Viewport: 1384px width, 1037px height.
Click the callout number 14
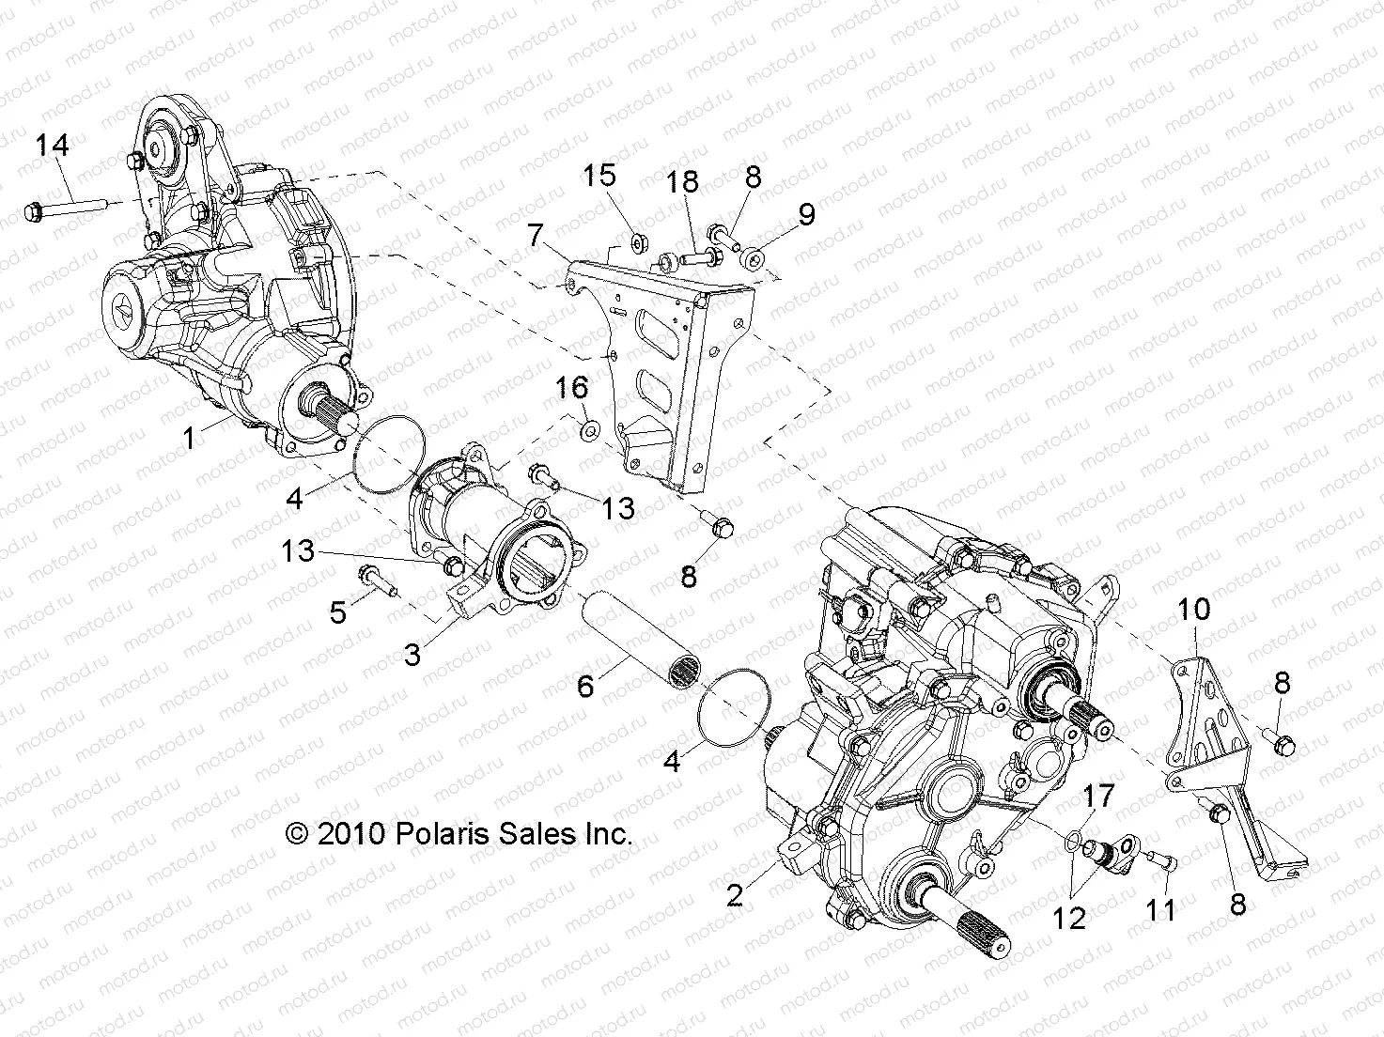53,146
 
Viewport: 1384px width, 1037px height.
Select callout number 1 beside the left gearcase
191,438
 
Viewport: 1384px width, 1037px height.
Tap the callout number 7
536,235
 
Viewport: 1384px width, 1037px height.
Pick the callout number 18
683,183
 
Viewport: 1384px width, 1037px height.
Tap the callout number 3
412,654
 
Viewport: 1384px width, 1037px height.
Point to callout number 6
585,686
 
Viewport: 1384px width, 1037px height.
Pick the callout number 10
1194,610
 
